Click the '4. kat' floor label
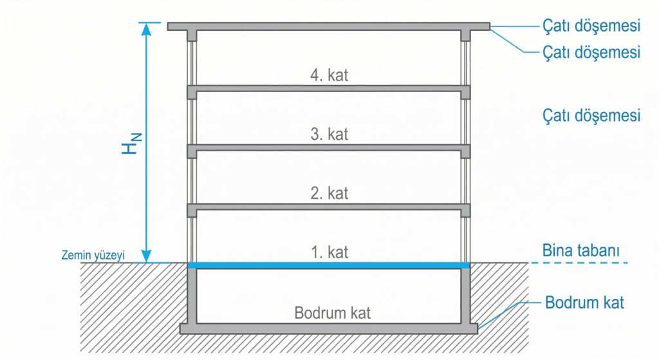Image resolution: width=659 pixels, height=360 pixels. click(x=329, y=75)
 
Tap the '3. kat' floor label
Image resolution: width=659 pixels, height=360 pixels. click(x=329, y=134)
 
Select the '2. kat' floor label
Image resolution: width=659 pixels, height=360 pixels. click(x=329, y=193)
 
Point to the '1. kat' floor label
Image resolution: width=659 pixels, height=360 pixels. click(x=329, y=252)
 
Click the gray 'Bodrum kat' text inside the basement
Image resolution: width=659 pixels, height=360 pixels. click(x=332, y=313)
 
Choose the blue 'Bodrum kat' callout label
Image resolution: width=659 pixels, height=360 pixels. click(x=584, y=303)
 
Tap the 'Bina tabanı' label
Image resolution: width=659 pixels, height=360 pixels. click(x=581, y=251)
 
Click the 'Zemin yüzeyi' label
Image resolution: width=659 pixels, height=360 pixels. click(x=93, y=255)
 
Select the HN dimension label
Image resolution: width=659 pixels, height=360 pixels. click(x=131, y=144)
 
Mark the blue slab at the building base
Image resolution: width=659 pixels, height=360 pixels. click(x=329, y=265)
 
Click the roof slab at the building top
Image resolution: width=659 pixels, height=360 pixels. click(x=329, y=26)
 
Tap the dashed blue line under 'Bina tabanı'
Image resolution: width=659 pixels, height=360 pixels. click(x=579, y=263)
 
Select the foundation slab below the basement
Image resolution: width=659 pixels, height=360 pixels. click(x=329, y=328)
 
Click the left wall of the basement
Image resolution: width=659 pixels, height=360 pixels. click(x=192, y=296)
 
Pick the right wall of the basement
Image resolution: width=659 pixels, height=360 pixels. click(x=465, y=296)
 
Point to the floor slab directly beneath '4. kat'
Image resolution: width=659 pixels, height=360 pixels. click(x=329, y=88)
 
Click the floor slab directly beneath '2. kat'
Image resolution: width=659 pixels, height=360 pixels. click(x=329, y=207)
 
